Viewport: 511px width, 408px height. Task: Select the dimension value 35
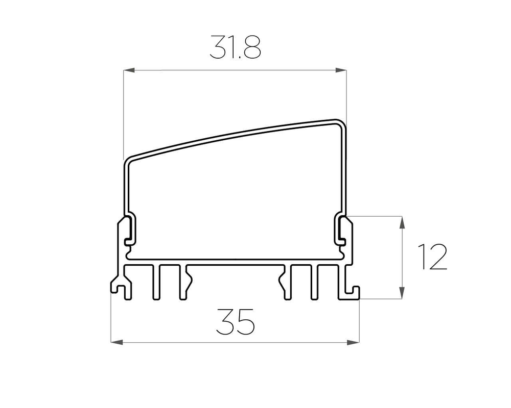[235, 322]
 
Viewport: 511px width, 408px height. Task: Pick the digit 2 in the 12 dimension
[438, 257]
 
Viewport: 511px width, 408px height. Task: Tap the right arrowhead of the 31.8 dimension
[342, 70]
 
